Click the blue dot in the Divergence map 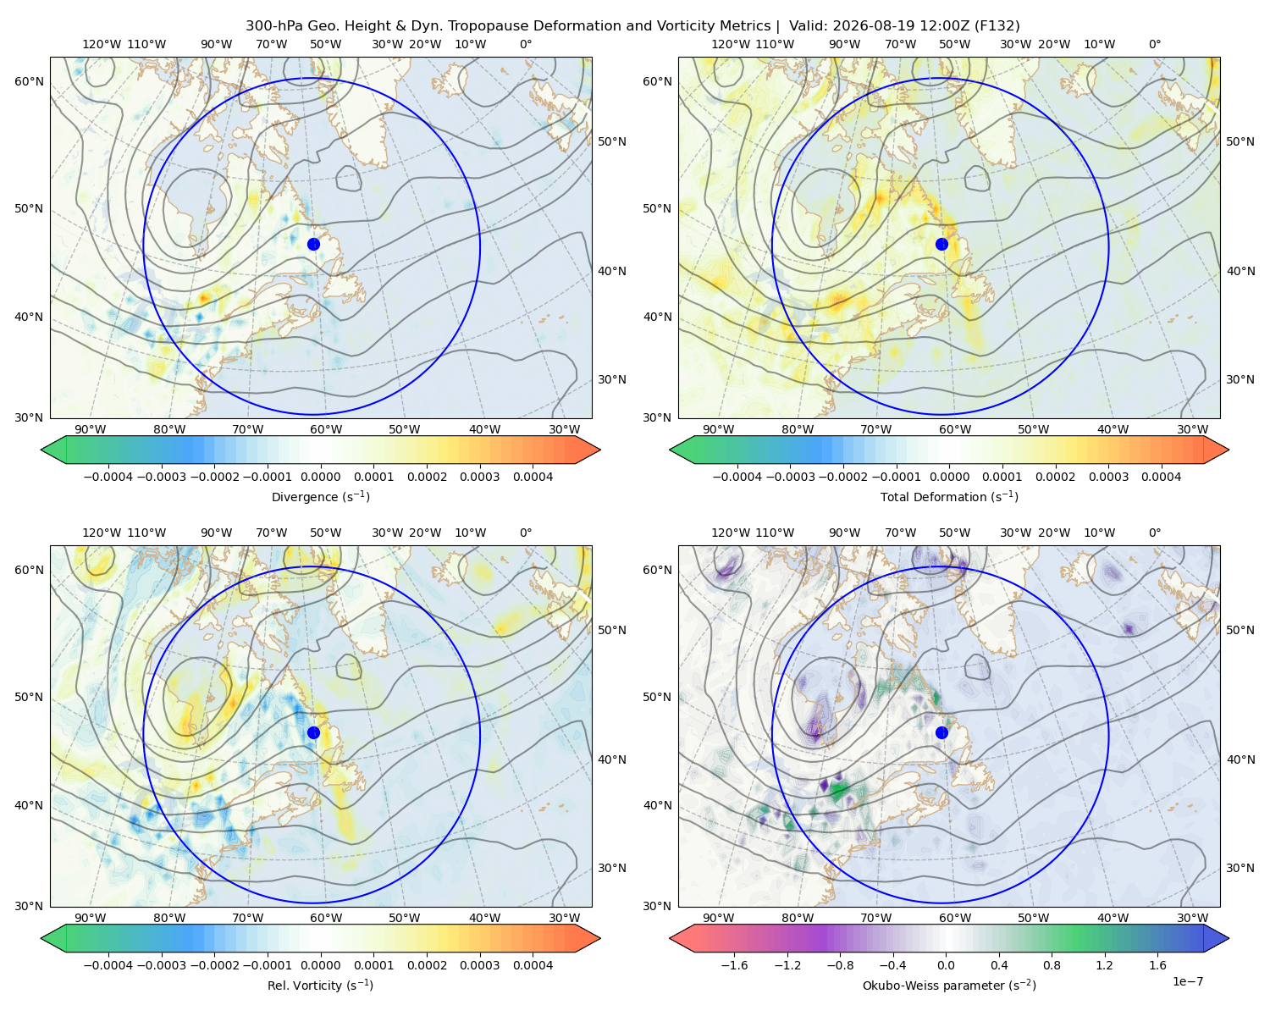[313, 245]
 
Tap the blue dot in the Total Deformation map [941, 245]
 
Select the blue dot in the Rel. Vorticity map [313, 732]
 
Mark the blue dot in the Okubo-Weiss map [941, 732]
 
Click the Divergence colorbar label [320, 497]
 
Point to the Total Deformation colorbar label [949, 497]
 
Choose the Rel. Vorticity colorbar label [320, 986]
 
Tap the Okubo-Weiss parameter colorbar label [949, 986]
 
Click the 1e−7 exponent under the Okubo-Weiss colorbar [1187, 982]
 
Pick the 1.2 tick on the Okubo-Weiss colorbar [1104, 965]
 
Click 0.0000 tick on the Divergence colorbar [320, 477]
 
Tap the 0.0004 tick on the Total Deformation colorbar [1162, 477]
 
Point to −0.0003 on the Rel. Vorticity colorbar [161, 965]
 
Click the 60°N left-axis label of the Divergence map [29, 81]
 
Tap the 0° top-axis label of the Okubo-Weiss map [1154, 533]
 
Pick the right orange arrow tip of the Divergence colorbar [600, 450]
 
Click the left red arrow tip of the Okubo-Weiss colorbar [670, 938]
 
